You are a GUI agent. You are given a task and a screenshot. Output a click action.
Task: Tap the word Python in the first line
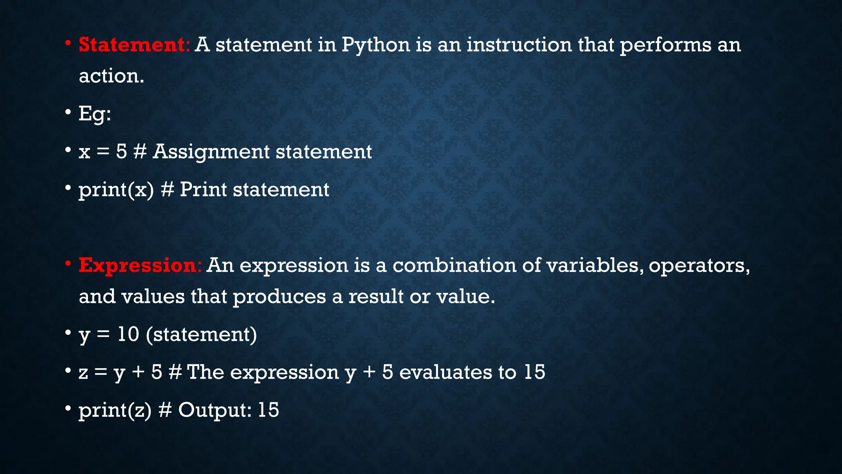click(376, 44)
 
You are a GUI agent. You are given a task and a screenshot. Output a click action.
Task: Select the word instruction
click(519, 44)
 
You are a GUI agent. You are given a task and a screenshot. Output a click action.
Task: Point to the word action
click(111, 76)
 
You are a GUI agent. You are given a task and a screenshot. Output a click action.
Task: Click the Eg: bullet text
click(95, 114)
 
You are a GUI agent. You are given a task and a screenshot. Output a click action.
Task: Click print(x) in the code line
click(116, 190)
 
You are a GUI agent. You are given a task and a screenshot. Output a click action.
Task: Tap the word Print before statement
click(203, 190)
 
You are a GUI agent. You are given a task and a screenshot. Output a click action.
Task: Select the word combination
click(454, 265)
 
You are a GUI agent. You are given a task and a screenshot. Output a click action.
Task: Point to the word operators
click(699, 265)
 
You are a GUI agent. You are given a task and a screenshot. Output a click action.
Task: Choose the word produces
click(280, 297)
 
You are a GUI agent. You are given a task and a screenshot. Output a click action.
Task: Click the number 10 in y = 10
click(128, 334)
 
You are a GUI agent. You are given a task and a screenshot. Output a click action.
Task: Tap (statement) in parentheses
click(201, 334)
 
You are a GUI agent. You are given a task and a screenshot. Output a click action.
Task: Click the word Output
click(214, 410)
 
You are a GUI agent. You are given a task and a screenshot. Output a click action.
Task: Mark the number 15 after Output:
click(268, 410)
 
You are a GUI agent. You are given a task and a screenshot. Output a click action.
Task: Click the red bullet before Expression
click(68, 263)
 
